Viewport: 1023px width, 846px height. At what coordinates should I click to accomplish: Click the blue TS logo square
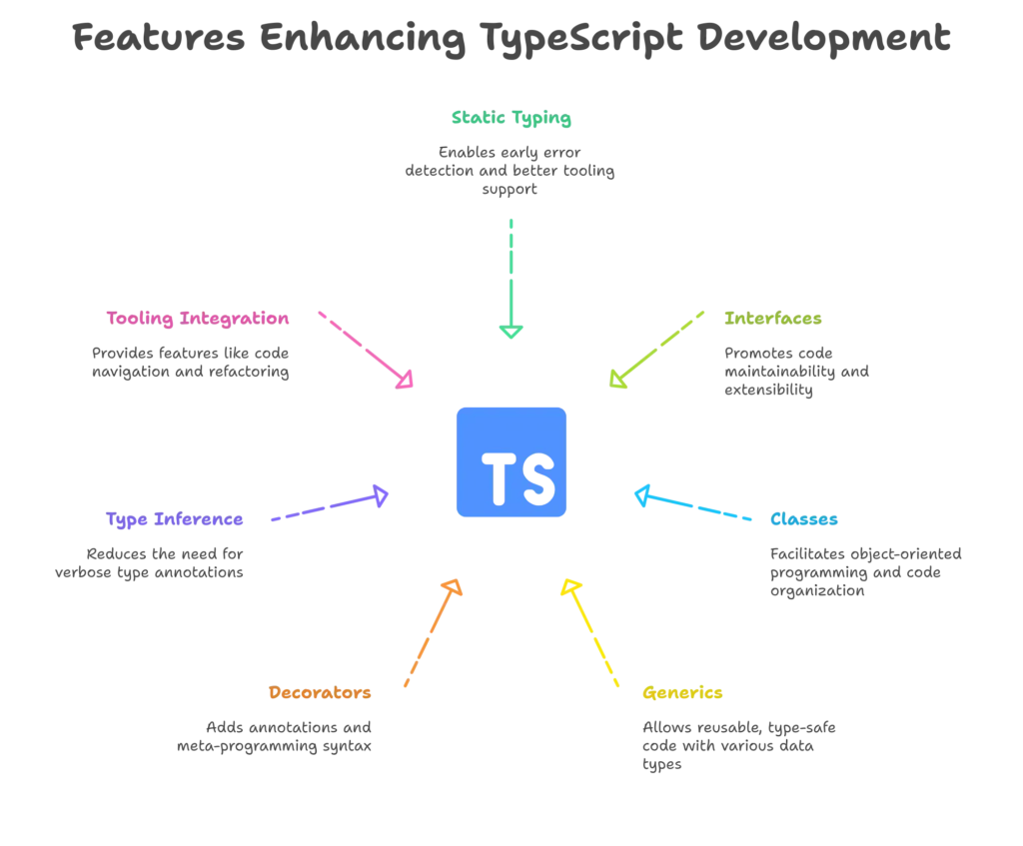511,459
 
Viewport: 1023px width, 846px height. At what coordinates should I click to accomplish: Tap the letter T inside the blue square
498,479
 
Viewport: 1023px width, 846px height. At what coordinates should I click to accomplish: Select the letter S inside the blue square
537,479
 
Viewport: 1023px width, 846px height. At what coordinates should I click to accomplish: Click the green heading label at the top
511,120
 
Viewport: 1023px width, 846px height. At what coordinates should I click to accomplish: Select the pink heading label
199,320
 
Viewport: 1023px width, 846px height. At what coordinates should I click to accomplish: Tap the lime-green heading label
772,320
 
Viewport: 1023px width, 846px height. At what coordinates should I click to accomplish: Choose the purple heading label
174,520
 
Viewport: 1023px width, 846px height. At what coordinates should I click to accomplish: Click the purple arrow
329,506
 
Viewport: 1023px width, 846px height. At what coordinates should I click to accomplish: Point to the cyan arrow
693,505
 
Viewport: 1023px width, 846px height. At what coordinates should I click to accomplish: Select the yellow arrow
591,634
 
